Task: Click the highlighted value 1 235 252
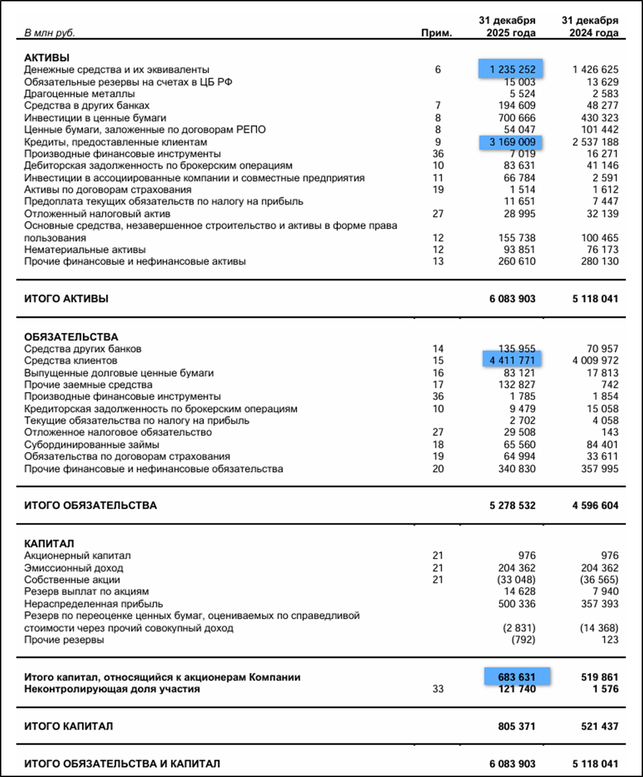pos(513,69)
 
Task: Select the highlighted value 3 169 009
pos(513,142)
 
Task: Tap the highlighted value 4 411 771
pos(513,361)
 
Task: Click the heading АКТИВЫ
pos(47,57)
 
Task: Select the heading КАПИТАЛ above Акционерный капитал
pos(49,543)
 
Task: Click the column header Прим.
pos(437,33)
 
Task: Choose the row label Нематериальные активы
pos(85,250)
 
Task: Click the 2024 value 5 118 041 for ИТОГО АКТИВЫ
pos(595,299)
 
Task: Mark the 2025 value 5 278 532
pos(512,506)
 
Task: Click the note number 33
pos(438,689)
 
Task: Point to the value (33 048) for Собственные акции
pos(519,580)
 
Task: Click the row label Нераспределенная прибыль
pos(93,603)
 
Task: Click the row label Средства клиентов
pos(70,361)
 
